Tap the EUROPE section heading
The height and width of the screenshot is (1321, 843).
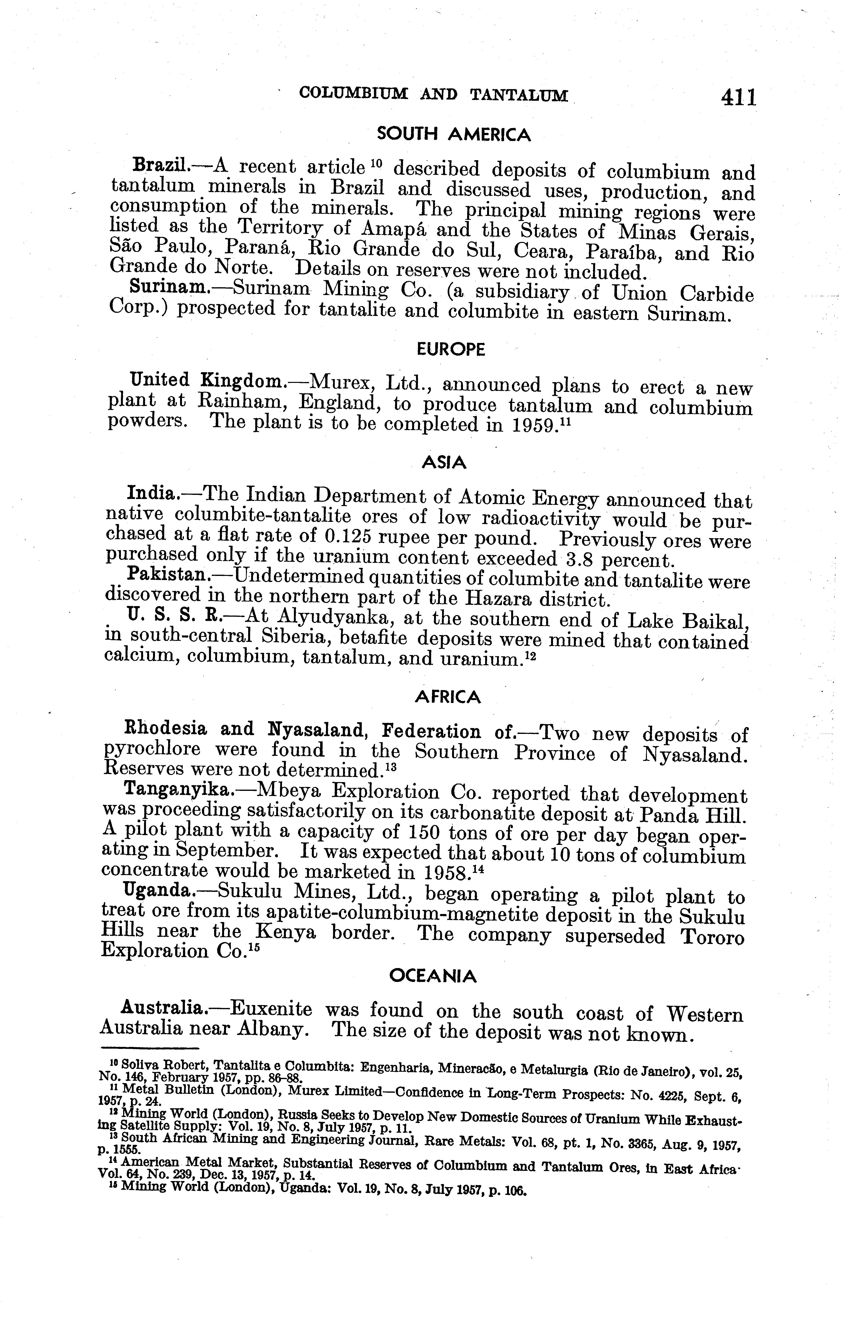pos(451,350)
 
